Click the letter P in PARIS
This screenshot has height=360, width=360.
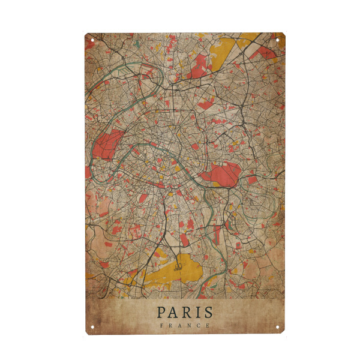[x=161, y=312]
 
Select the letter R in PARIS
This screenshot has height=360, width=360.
[x=186, y=312]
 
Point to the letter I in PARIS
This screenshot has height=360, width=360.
[x=197, y=312]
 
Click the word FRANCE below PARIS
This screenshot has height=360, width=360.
[x=184, y=325]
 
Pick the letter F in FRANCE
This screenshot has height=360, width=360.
[x=161, y=325]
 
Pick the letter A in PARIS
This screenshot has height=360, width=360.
[x=173, y=312]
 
